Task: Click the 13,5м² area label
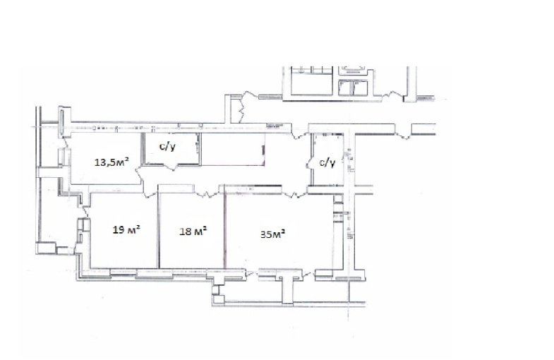(112, 162)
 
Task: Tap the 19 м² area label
(126, 229)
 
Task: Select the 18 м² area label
(193, 232)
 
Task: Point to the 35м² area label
(272, 234)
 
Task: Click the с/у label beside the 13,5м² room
(167, 147)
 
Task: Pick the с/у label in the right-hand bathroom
(327, 162)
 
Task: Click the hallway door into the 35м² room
(294, 193)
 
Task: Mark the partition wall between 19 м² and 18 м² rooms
(158, 230)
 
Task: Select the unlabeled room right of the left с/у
(233, 150)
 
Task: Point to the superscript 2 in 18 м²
(204, 229)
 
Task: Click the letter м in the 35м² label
(277, 235)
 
